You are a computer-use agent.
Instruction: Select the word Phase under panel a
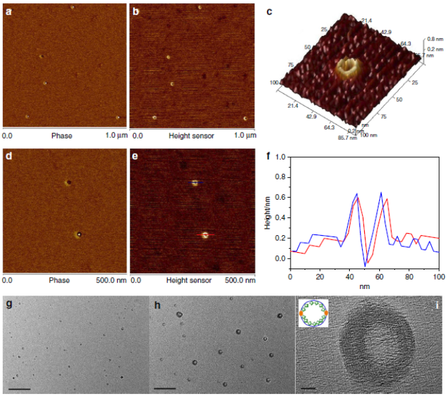[61, 135]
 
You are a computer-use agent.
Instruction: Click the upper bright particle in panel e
[195, 184]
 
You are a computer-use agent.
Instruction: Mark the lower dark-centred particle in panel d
[79, 233]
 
